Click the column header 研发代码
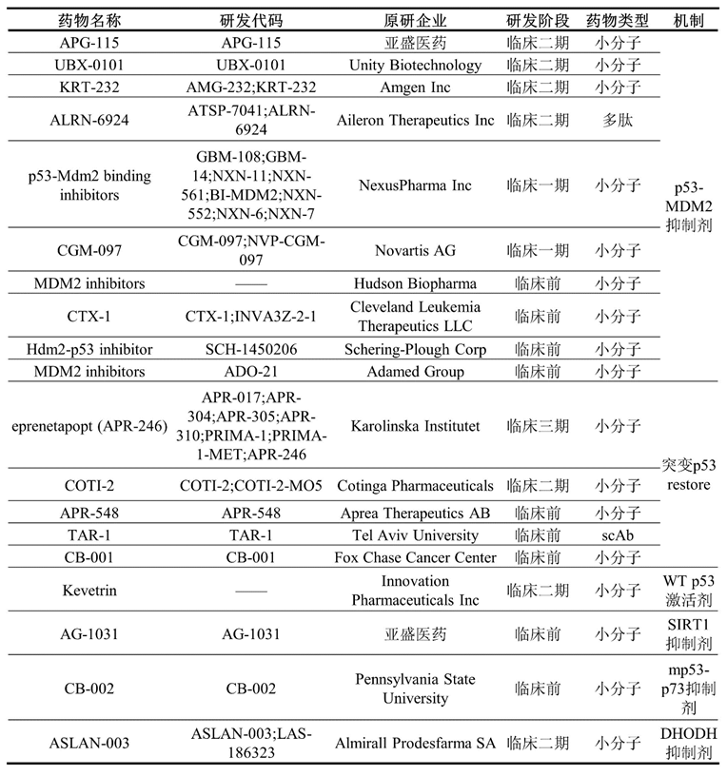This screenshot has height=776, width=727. click(250, 20)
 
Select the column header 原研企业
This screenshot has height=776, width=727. click(416, 20)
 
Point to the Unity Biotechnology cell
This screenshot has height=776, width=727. click(416, 66)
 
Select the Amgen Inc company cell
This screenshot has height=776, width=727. click(416, 87)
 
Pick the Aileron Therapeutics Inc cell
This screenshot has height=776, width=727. click(416, 121)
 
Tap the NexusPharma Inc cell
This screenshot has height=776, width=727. click(416, 185)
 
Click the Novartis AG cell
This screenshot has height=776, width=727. click(416, 250)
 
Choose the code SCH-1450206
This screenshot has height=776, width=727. click(250, 349)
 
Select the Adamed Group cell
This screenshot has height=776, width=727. click(416, 371)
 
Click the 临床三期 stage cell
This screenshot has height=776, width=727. click(538, 425)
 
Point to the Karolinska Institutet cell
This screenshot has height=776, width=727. click(416, 425)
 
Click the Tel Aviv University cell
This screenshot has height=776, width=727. click(416, 535)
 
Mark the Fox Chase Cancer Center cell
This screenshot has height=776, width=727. click(416, 557)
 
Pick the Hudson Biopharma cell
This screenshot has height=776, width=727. click(416, 283)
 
